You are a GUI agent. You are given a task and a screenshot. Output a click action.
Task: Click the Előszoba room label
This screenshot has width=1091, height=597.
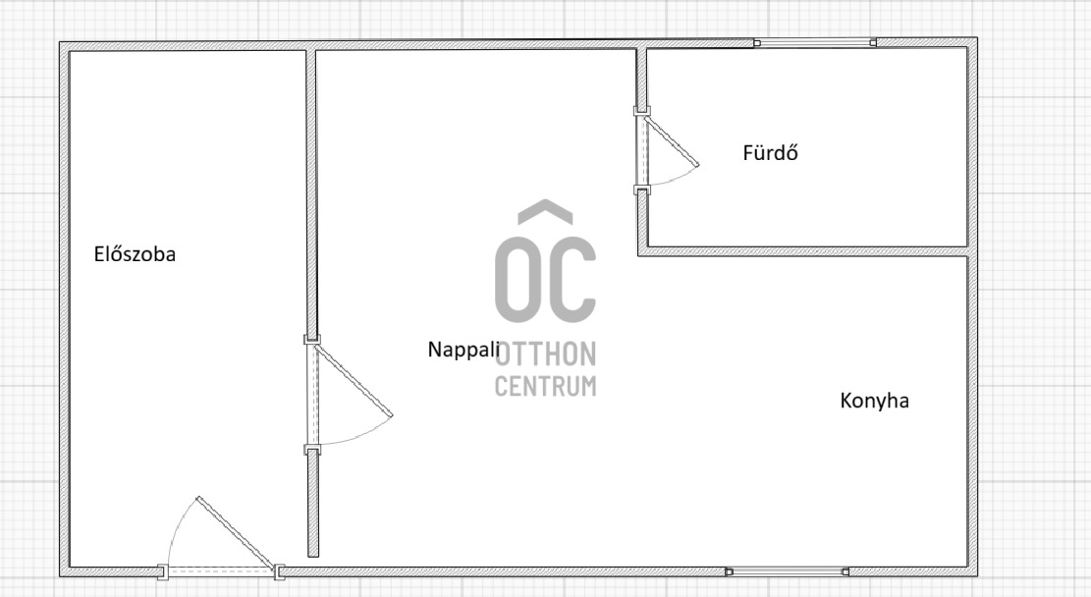135,254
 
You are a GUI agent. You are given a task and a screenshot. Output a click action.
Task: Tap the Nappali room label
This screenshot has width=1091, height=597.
464,350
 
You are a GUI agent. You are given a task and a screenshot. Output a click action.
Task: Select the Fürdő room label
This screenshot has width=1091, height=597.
770,152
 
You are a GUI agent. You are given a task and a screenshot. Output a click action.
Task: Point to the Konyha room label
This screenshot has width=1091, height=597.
875,401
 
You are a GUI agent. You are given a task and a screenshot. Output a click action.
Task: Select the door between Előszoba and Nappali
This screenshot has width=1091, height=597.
347,394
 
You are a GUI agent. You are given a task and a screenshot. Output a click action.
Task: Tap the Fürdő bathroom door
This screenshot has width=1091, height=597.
665,149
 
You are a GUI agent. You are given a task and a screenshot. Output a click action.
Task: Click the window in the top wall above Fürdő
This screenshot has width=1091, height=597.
815,43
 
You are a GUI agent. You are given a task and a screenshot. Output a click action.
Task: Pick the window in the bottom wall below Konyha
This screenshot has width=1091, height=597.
787,571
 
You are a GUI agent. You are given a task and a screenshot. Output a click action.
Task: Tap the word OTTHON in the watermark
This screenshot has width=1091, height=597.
546,354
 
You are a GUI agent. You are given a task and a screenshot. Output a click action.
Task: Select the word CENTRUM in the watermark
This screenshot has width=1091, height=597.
546,386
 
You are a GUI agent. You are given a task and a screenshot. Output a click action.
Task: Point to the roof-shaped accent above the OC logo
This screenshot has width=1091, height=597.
546,211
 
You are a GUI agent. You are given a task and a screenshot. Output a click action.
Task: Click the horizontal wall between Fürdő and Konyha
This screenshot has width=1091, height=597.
803,251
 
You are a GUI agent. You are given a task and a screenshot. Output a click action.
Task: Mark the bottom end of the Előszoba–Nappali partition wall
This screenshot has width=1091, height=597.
313,556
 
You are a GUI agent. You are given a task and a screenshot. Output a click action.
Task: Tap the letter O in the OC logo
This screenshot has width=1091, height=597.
518,278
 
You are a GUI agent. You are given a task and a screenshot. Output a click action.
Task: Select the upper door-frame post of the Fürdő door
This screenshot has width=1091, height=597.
641,111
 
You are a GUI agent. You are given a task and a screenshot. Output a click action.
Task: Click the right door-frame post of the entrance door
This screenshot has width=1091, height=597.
280,572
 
